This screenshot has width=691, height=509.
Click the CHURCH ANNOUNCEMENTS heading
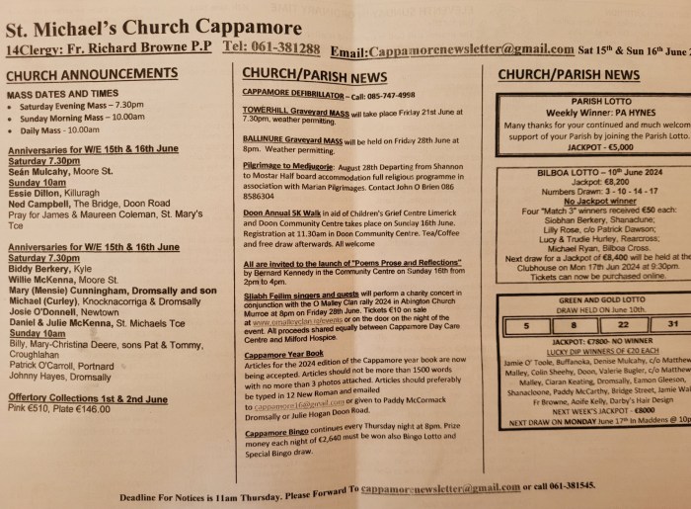(x=91, y=74)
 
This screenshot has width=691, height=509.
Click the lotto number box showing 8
(x=571, y=322)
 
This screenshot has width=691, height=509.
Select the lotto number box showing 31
(x=670, y=322)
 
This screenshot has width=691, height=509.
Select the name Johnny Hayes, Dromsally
(x=61, y=376)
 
